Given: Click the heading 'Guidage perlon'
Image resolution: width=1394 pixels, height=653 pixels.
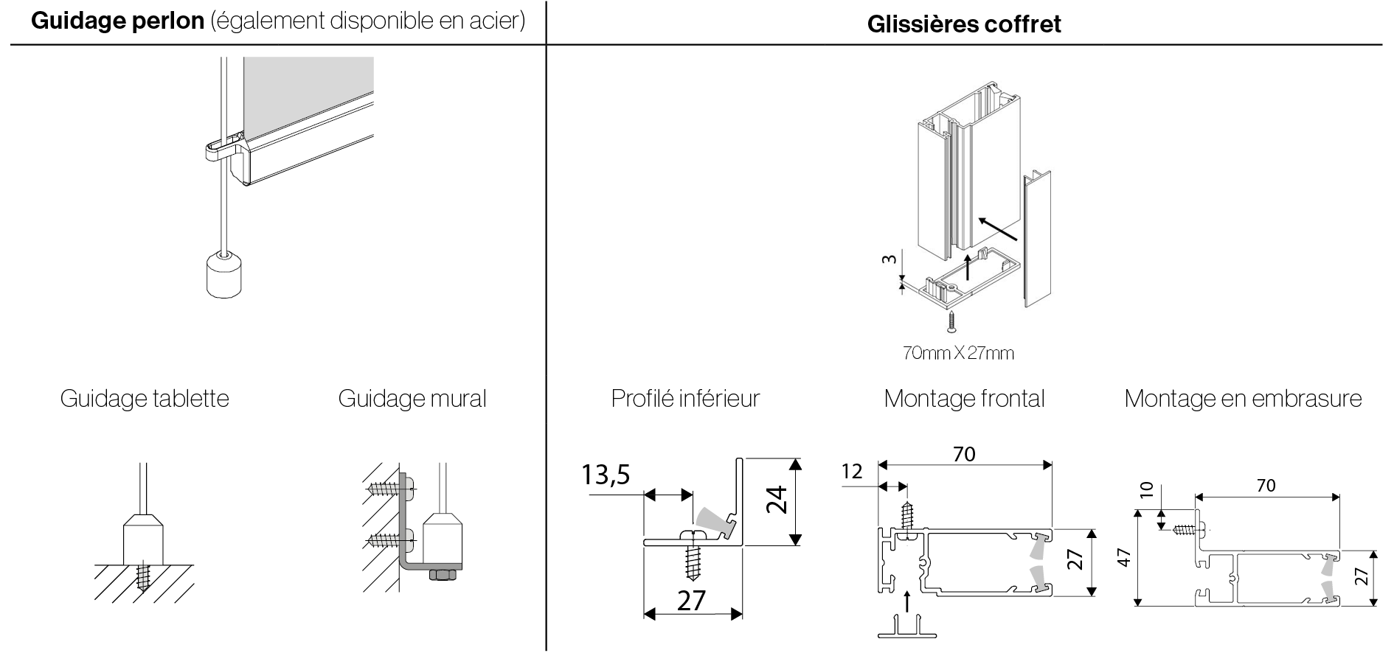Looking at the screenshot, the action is click(118, 21).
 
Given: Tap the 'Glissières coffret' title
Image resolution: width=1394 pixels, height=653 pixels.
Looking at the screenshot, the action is click(964, 24).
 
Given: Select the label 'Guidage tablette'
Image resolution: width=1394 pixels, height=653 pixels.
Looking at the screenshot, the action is click(145, 399).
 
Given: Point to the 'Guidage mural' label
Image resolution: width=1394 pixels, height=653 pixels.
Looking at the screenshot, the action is click(412, 399).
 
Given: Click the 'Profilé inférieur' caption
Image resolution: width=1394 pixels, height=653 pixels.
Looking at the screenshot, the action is click(685, 399).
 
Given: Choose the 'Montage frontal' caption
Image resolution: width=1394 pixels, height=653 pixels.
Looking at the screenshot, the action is click(964, 399).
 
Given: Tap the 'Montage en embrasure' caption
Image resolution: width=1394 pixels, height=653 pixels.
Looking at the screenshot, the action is click(1243, 399).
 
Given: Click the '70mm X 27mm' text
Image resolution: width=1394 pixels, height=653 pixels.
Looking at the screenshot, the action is click(958, 353).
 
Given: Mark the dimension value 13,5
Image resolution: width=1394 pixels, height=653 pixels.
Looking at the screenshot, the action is click(606, 475).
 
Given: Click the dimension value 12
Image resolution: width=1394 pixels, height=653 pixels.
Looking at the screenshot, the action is click(852, 471).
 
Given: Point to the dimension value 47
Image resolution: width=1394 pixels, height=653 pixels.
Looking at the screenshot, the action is click(1123, 559).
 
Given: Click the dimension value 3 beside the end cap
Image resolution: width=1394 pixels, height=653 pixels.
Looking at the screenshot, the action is click(890, 259).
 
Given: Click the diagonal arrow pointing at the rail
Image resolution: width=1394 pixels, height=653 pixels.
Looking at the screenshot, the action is click(999, 228).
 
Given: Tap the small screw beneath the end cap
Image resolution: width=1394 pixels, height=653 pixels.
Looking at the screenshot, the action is click(952, 319).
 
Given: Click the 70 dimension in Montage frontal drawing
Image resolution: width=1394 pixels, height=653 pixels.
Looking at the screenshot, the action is click(964, 454).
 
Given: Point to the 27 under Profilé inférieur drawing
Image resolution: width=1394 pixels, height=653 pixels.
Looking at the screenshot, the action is click(691, 601).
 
